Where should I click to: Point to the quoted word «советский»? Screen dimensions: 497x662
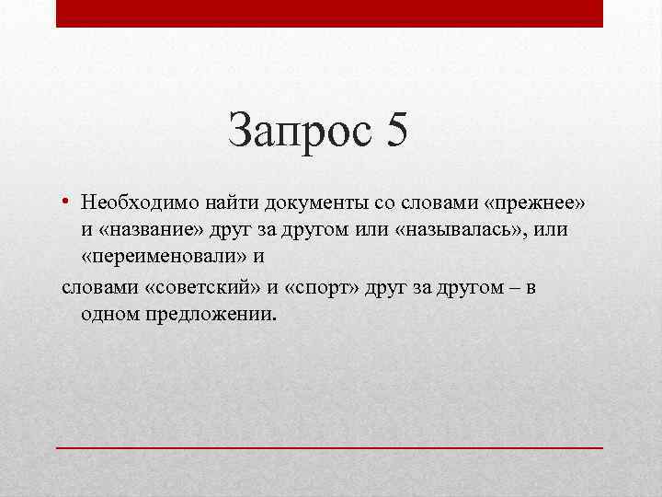coord(200,286)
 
